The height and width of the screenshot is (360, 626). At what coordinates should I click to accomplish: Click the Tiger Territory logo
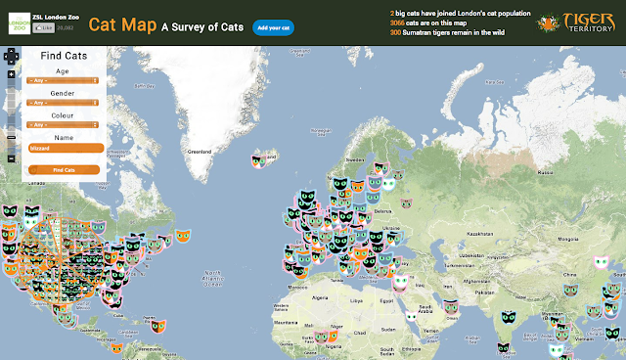(x=581, y=22)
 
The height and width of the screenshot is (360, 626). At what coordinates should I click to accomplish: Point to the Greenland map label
(x=199, y=152)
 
